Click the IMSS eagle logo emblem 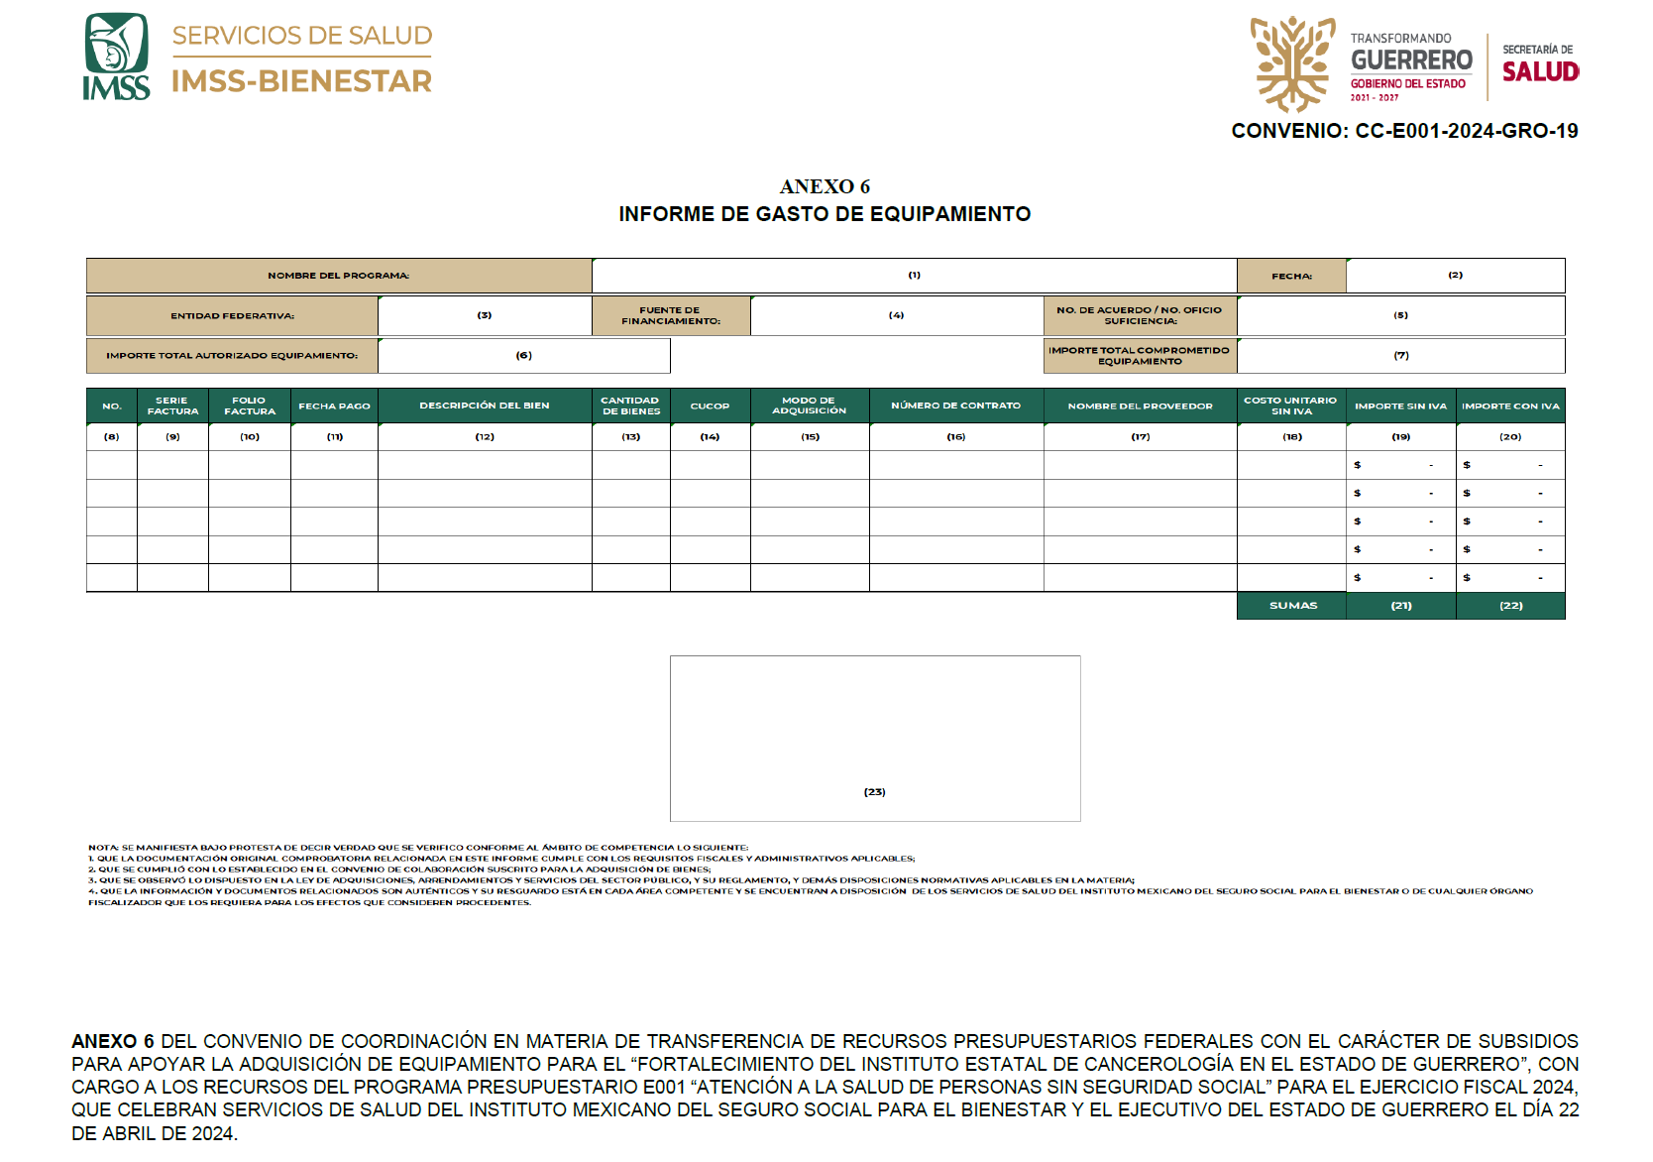[x=116, y=45]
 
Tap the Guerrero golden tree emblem [x=1291, y=62]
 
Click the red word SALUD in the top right [x=1540, y=72]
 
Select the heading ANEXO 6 [x=825, y=186]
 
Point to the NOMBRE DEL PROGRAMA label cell [x=339, y=276]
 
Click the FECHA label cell [x=1291, y=276]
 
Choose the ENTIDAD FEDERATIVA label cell [x=232, y=316]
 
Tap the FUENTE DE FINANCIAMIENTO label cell [x=671, y=316]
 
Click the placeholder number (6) [x=524, y=355]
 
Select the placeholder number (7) [x=1401, y=355]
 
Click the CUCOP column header [x=710, y=406]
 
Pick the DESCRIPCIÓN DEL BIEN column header [x=485, y=406]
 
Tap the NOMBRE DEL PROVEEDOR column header [x=1140, y=406]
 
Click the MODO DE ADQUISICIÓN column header [x=810, y=406]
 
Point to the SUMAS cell [x=1292, y=605]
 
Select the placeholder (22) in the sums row [x=1510, y=605]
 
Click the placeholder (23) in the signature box [x=874, y=792]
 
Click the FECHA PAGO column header [x=334, y=406]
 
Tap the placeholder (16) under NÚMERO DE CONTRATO [x=955, y=436]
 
